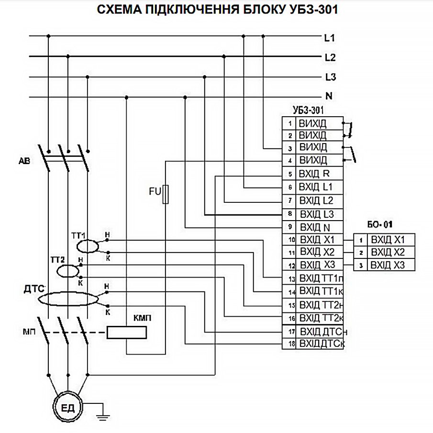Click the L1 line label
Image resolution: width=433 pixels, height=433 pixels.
[330, 38]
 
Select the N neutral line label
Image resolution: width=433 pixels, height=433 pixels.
[329, 97]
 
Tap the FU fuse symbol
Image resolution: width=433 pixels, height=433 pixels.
[166, 194]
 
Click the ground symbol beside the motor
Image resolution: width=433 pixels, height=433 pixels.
[101, 415]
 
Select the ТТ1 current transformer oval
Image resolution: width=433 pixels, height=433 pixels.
[87, 246]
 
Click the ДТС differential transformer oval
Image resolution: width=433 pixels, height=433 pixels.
[68, 299]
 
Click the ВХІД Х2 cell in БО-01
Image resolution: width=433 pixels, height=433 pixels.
[390, 252]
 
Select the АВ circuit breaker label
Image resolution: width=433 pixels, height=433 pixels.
[24, 161]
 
